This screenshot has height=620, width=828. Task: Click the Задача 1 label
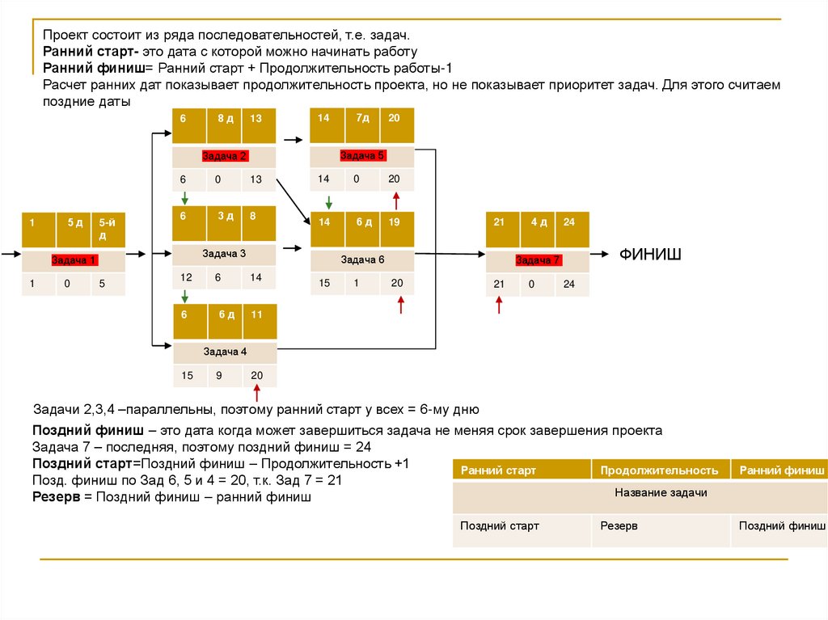click(74, 260)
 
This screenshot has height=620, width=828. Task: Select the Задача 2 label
click(225, 156)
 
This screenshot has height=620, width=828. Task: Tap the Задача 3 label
click(225, 254)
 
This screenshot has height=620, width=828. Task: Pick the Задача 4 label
click(225, 352)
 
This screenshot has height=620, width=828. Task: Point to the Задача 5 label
click(362, 156)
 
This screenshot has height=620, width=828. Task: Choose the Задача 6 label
click(362, 259)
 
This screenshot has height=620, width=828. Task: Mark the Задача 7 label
click(538, 260)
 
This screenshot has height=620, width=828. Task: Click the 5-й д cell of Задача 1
click(108, 229)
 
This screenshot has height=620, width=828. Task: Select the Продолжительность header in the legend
click(659, 470)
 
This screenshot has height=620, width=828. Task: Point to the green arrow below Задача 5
click(328, 201)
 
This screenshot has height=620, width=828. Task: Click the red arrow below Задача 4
click(258, 394)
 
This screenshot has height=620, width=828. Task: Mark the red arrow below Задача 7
click(499, 304)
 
